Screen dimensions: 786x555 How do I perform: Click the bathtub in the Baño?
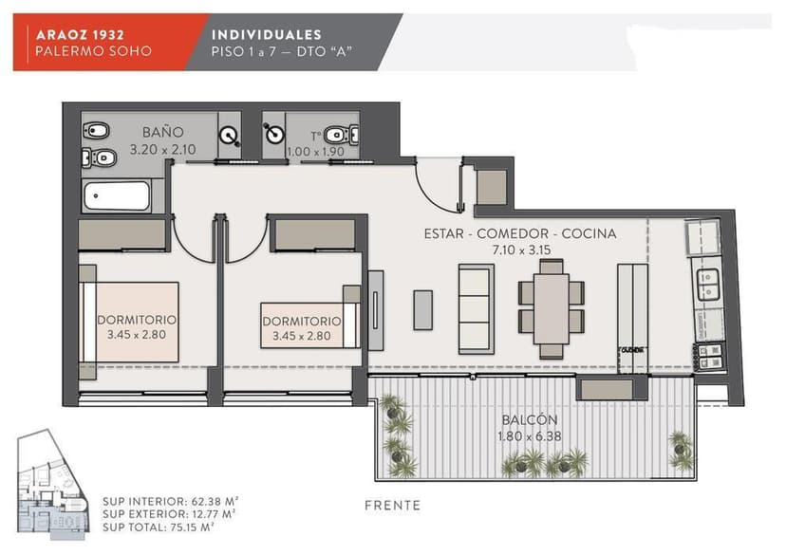[117, 195]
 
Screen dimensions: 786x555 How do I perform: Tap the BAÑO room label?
[163, 132]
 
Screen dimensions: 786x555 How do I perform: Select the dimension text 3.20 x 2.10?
[163, 149]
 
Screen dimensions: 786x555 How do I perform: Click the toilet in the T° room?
[342, 135]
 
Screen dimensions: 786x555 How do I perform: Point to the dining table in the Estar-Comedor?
[551, 308]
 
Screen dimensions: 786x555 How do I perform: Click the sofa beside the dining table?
[476, 309]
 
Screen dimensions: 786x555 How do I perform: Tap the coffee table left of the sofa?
[423, 310]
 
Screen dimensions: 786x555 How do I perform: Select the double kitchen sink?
[709, 284]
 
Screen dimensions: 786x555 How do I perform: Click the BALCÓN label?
[530, 419]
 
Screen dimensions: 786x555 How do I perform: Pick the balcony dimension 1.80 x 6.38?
[530, 436]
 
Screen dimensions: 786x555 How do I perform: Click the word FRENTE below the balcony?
[392, 506]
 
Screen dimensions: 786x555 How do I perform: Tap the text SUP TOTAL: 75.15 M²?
[159, 527]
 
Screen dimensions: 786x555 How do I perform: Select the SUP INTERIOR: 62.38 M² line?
[171, 501]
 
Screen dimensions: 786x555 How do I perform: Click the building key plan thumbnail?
[52, 485]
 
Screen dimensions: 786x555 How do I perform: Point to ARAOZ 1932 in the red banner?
[80, 34]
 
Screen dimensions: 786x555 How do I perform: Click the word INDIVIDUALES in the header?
[266, 34]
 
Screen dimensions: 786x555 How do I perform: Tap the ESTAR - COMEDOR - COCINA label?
[520, 233]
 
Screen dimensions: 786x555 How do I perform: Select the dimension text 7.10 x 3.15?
[521, 250]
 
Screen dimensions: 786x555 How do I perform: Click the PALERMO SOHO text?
[93, 51]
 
